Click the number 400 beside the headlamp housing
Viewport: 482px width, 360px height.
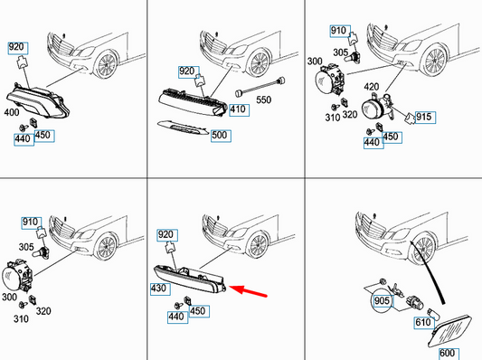(12, 112)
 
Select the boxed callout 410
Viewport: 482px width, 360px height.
(239, 110)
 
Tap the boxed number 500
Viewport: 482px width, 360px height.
(221, 136)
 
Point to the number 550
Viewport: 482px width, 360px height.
(264, 99)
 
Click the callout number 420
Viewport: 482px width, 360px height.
(372, 87)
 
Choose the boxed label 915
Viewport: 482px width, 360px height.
(425, 117)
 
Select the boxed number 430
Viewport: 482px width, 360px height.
(160, 289)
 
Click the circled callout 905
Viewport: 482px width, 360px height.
(382, 300)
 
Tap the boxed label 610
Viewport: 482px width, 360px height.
(424, 322)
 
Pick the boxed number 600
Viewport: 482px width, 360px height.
(449, 354)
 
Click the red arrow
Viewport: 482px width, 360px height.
(248, 291)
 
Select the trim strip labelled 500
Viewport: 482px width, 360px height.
(183, 128)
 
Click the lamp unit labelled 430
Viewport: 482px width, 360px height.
(190, 279)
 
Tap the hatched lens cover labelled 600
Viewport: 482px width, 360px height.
(449, 331)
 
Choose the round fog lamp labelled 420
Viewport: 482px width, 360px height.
(377, 108)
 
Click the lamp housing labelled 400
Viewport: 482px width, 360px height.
(38, 100)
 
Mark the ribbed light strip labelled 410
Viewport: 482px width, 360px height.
(193, 102)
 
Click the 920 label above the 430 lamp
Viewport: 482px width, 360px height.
(167, 235)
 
